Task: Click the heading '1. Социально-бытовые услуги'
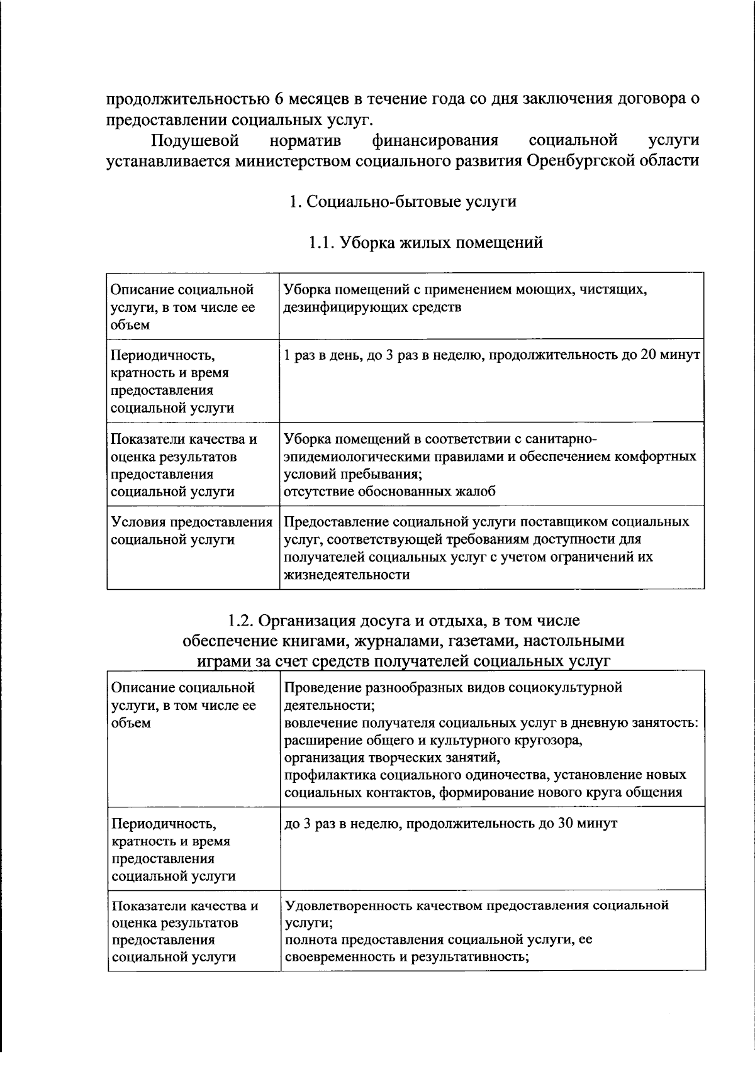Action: click(403, 201)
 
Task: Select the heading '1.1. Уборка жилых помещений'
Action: click(425, 242)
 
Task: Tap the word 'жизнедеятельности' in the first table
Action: click(347, 575)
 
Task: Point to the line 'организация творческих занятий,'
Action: click(393, 757)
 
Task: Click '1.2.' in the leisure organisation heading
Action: click(240, 621)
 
